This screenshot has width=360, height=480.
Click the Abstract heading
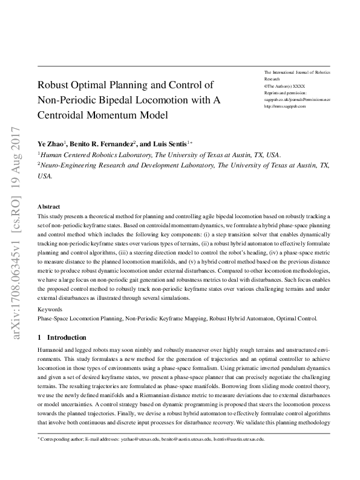coord(49,206)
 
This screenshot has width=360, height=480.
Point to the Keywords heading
coord(50,309)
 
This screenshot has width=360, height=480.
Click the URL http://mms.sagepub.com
coord(285,106)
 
